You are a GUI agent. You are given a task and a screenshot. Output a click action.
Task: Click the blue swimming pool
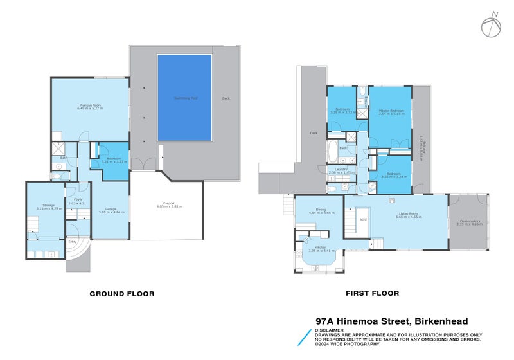tap(184, 98)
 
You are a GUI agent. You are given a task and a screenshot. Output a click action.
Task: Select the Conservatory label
tap(468, 223)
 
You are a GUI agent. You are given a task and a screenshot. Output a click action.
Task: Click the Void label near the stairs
tap(364, 219)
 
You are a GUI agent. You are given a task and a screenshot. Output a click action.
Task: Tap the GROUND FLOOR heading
tap(121, 294)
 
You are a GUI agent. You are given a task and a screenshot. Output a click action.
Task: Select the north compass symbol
tap(490, 24)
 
